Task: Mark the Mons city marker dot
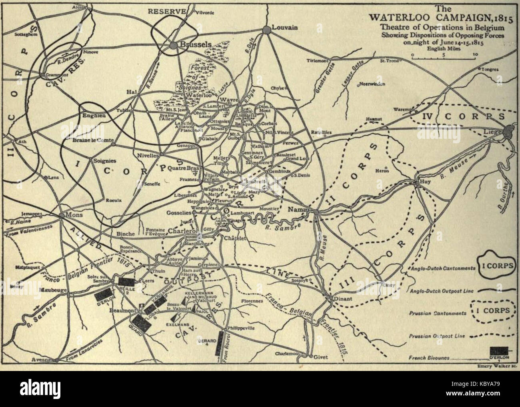(x=62, y=215)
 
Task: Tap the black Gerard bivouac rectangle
(x=218, y=343)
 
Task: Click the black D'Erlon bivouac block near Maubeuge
(x=100, y=296)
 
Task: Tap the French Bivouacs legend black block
(x=499, y=351)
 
